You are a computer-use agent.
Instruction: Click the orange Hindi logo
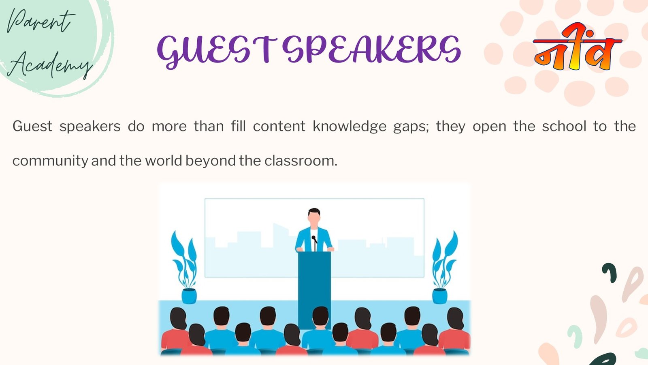point(577,47)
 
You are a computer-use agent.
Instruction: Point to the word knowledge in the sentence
point(350,127)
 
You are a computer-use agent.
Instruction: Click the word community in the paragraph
point(50,161)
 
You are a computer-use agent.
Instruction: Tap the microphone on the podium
point(314,243)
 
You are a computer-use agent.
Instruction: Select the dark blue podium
point(314,290)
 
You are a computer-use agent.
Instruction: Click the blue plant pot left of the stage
point(189,296)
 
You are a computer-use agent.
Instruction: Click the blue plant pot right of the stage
point(440,296)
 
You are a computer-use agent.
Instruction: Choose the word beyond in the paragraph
point(211,161)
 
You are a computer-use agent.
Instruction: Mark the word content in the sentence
point(279,127)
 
